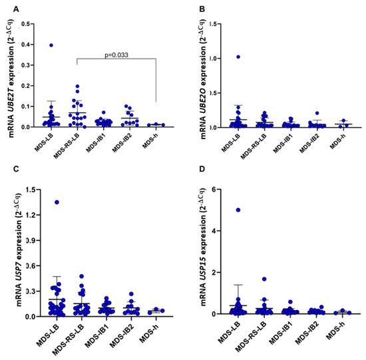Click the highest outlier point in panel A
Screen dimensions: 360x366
[51, 45]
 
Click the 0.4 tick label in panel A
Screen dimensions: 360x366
[29, 45]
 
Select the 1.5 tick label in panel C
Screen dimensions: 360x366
[29, 190]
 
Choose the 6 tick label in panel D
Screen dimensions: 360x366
[216, 190]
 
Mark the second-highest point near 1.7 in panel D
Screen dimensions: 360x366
[264, 279]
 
